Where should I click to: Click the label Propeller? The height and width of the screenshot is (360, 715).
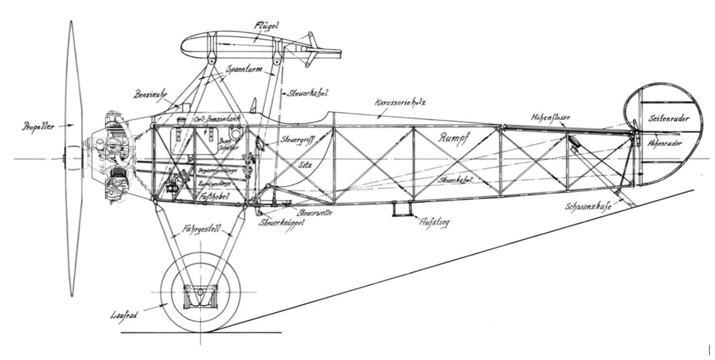coord(37,127)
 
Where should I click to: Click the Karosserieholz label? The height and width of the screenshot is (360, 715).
coord(400,102)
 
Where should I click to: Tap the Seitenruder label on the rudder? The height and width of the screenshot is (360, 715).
coord(668,118)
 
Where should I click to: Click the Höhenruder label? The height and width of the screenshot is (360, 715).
coord(665,143)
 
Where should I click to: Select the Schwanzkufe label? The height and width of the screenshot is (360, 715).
coord(588,206)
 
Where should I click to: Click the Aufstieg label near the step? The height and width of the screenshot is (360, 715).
coord(434,222)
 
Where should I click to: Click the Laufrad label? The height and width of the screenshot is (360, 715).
coord(124,315)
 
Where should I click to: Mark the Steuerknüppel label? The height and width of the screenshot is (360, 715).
coord(282,223)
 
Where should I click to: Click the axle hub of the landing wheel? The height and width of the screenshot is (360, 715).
coord(200,292)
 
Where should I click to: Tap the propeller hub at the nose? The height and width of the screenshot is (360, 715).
coord(67,158)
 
